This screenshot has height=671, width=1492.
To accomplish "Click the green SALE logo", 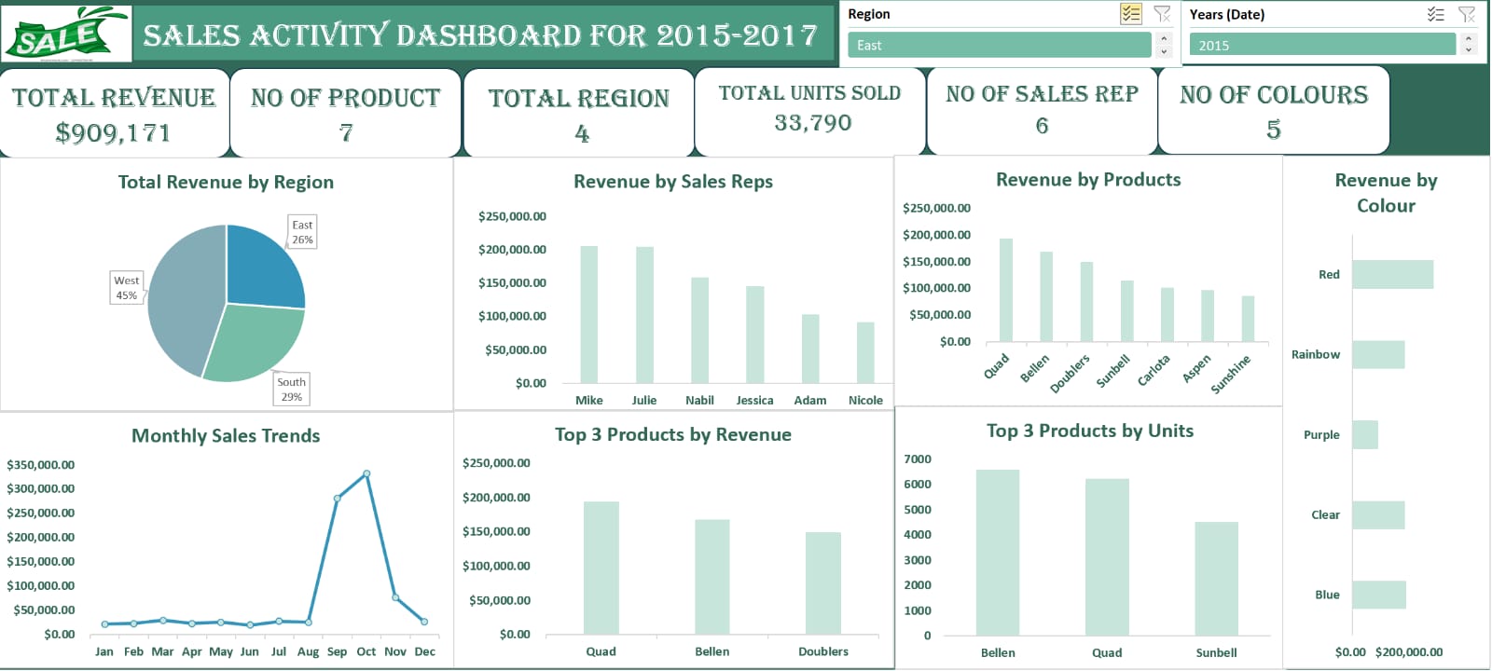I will tap(65, 34).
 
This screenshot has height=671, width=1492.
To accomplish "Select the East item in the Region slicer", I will tap(998, 45).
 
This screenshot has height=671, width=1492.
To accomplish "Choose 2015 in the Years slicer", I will tap(1320, 45).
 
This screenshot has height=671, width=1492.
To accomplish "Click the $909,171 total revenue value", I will tap(113, 133).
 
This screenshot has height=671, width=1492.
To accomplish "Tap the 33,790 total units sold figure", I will tap(812, 123).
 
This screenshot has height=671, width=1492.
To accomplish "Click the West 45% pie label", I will tap(126, 287).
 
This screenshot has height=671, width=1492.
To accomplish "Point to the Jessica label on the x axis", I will tap(754, 401).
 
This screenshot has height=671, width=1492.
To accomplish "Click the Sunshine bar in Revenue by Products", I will tap(1248, 319).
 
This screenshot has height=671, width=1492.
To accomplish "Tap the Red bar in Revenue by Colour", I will tap(1391, 274).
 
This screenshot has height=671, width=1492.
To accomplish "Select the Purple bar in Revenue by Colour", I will tap(1364, 434).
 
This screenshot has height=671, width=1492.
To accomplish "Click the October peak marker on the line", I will tap(366, 473).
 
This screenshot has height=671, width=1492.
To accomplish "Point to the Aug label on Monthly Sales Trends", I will tap(308, 651).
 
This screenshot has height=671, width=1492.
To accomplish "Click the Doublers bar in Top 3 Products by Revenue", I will tap(822, 582).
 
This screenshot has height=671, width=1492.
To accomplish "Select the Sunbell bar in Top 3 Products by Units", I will tap(1216, 578).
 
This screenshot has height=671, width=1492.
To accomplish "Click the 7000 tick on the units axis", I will tap(918, 459).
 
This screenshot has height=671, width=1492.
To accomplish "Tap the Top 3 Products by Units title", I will tap(1089, 431).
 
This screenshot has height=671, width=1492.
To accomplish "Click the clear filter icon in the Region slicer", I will tap(1162, 14).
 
